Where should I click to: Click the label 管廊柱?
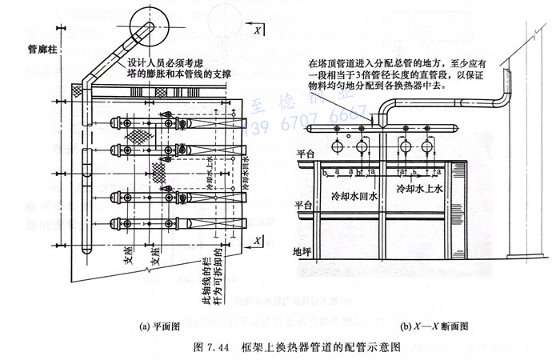(31, 49)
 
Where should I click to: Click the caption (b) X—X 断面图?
(435, 326)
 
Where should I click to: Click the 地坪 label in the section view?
(300, 251)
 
